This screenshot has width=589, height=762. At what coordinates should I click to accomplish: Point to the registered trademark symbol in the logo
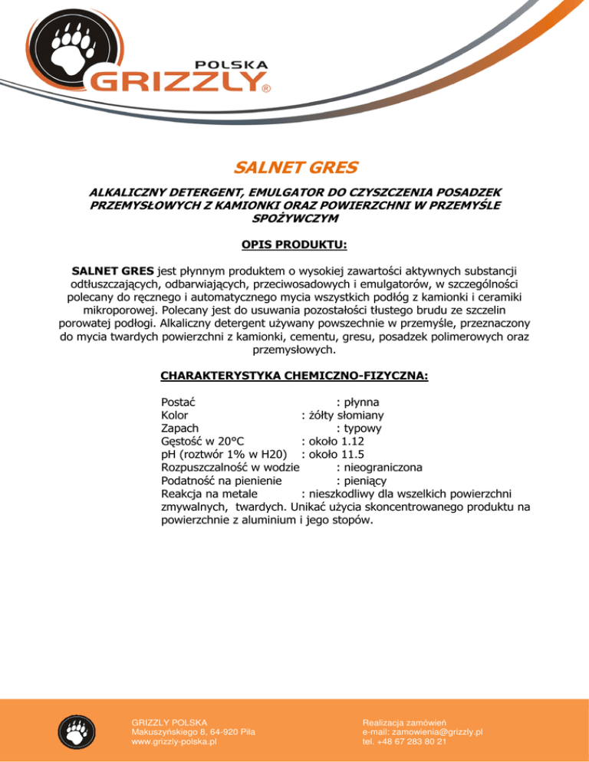(x=265, y=89)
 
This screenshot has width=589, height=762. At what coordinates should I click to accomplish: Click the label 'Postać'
(x=178, y=402)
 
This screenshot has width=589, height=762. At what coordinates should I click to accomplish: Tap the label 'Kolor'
(x=175, y=415)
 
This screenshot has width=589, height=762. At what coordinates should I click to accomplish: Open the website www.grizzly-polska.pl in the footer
(x=175, y=742)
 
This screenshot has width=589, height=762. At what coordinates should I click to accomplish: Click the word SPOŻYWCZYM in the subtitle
(x=294, y=218)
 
